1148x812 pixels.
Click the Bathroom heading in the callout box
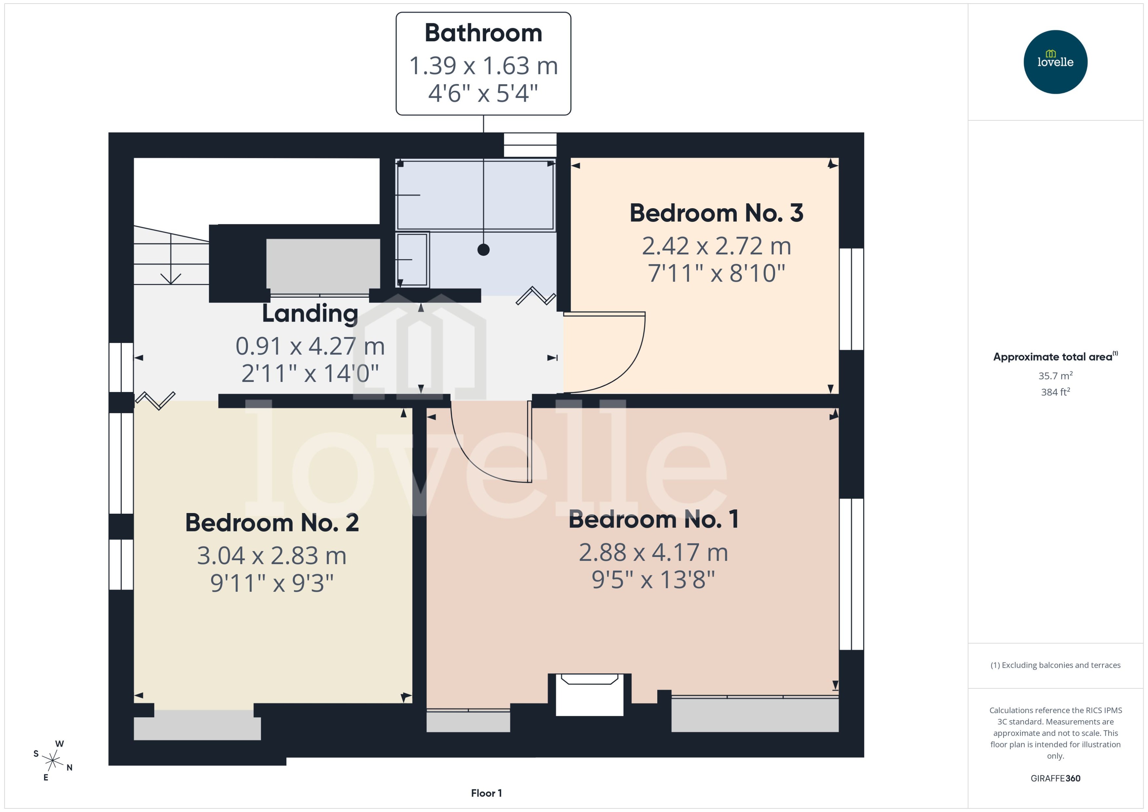(483, 33)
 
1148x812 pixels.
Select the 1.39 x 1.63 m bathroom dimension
(483, 66)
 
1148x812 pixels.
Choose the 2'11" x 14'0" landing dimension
(310, 373)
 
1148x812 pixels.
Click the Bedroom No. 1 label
(653, 520)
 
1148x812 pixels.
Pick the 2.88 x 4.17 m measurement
(653, 552)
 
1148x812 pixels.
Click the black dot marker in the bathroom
(483, 249)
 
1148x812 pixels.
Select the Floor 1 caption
(486, 793)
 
